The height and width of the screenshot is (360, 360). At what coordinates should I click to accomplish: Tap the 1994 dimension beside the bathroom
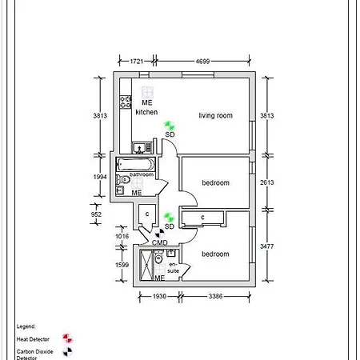(x=100, y=176)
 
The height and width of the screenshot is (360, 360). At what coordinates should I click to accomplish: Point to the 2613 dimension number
(x=267, y=182)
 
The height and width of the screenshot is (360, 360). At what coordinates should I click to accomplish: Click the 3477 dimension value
(x=267, y=247)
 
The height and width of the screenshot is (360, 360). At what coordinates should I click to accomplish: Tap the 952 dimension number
(x=98, y=214)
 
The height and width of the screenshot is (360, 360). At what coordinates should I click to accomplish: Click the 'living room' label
(x=215, y=116)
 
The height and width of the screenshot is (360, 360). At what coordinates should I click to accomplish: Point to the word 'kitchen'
(x=146, y=112)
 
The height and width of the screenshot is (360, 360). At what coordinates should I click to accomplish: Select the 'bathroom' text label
(x=142, y=174)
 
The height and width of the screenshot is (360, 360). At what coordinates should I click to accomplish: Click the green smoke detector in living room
(x=169, y=125)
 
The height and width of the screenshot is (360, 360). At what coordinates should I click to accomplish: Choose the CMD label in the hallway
(x=159, y=242)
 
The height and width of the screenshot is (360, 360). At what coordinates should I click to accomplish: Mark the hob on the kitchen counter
(x=126, y=102)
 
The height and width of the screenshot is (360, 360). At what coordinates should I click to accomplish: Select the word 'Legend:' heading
(x=26, y=327)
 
